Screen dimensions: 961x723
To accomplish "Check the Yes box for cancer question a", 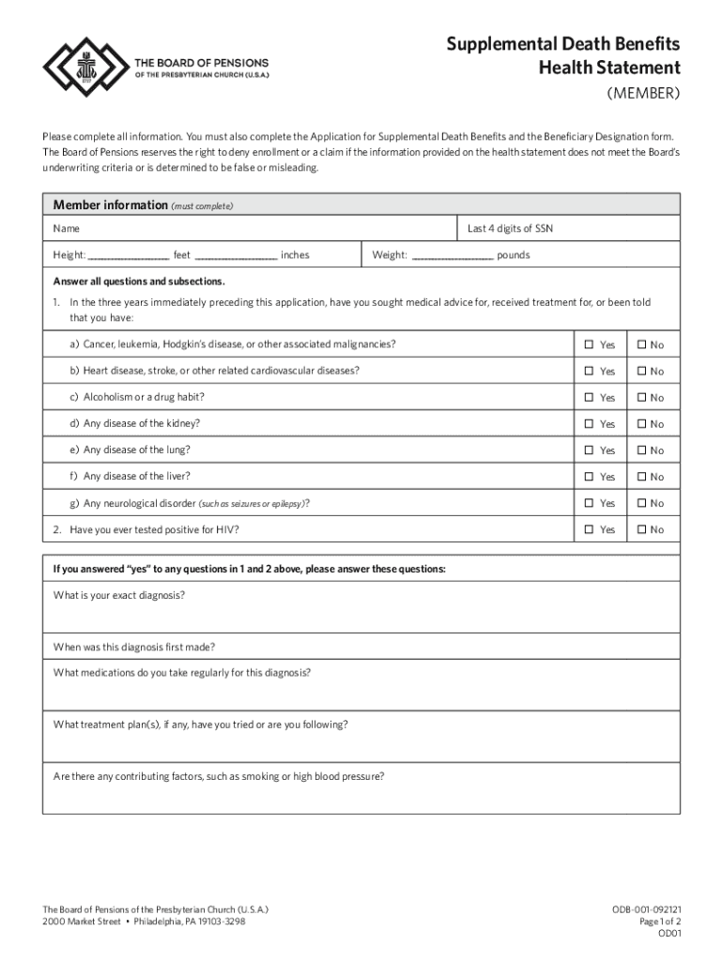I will click(589, 344).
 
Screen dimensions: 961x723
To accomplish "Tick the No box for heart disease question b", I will click(642, 371).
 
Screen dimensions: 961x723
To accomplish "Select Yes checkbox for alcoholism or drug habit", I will click(589, 397).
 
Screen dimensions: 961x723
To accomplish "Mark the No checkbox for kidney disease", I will click(642, 423).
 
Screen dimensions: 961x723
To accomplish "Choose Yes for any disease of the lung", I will click(589, 450).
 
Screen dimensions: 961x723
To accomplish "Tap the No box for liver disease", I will click(642, 477).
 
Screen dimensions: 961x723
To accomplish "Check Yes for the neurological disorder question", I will click(589, 503).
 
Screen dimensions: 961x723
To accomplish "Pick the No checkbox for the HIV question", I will click(642, 529).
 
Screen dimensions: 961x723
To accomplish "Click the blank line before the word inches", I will click(236, 256).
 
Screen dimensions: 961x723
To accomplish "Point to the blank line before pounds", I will click(452, 256).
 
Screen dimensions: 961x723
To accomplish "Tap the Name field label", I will click(67, 228).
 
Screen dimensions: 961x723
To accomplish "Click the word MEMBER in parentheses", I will click(643, 94).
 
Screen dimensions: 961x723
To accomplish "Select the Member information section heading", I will click(110, 206).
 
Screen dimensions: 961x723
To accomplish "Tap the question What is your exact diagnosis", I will click(119, 595).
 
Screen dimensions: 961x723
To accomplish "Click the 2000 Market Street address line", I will click(145, 922).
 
